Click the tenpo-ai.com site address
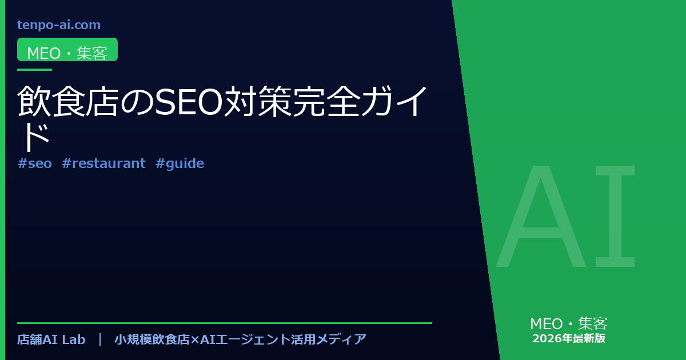(x=59, y=25)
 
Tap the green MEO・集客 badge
(x=67, y=50)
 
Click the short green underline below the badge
(x=35, y=70)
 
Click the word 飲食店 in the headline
(x=67, y=101)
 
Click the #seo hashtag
(x=35, y=163)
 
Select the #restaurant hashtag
(x=103, y=163)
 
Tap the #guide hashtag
(x=180, y=164)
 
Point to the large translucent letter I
(x=615, y=216)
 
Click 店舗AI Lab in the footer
(x=51, y=339)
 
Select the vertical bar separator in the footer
(x=100, y=339)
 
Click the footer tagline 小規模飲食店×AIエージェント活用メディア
(x=241, y=339)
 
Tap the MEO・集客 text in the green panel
(x=569, y=324)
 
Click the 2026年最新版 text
(x=569, y=338)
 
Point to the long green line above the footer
(x=225, y=323)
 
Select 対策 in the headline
(x=258, y=101)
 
